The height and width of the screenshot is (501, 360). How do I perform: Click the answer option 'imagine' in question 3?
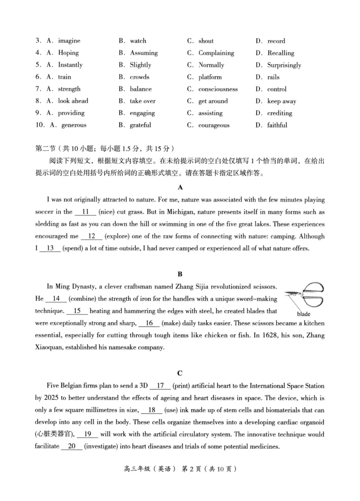point(69,41)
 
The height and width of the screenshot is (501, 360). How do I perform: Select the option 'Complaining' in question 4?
point(216,53)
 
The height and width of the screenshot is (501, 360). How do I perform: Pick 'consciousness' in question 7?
point(218,89)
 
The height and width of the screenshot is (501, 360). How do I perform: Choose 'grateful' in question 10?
point(140,125)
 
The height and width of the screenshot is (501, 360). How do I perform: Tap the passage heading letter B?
point(180,273)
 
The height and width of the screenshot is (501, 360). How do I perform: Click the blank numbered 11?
point(85,211)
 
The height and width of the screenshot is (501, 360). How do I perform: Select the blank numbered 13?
point(50,248)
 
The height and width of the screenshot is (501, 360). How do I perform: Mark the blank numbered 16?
point(149,323)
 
